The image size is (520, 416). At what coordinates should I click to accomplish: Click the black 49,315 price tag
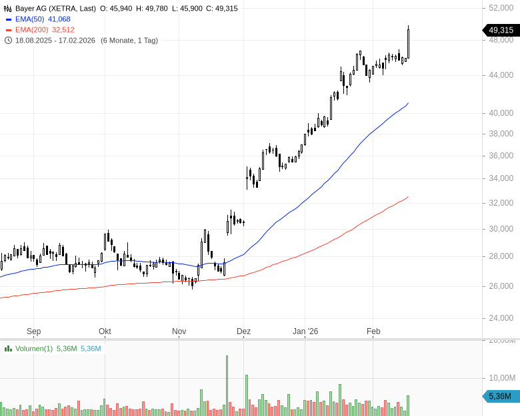pyautogui.click(x=500, y=30)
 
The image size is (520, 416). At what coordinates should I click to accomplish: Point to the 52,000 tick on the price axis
pyautogui.click(x=501, y=8)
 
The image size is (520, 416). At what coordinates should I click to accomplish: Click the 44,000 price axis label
pyautogui.click(x=501, y=75)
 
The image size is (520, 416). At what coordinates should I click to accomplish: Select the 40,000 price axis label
pyautogui.click(x=501, y=113)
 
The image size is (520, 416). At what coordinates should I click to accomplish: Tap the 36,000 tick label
pyautogui.click(x=501, y=156)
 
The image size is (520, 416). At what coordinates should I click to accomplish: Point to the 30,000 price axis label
pyautogui.click(x=501, y=229)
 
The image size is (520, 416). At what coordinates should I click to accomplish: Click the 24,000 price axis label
pyautogui.click(x=501, y=318)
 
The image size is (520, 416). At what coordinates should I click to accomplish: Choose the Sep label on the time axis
pyautogui.click(x=34, y=331)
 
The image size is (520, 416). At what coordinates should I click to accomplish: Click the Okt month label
pyautogui.click(x=105, y=331)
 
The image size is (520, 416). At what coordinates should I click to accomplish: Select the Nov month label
pyautogui.click(x=179, y=331)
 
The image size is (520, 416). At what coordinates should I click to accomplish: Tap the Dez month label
pyautogui.click(x=243, y=331)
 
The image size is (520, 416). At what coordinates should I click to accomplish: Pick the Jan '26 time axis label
pyautogui.click(x=306, y=331)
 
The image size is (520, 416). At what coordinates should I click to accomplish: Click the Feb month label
pyautogui.click(x=373, y=331)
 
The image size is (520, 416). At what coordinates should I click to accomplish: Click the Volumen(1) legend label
pyautogui.click(x=33, y=349)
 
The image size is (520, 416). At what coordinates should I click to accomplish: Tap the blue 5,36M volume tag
pyautogui.click(x=500, y=397)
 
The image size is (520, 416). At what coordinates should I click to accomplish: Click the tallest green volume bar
pyautogui.click(x=227, y=386)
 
